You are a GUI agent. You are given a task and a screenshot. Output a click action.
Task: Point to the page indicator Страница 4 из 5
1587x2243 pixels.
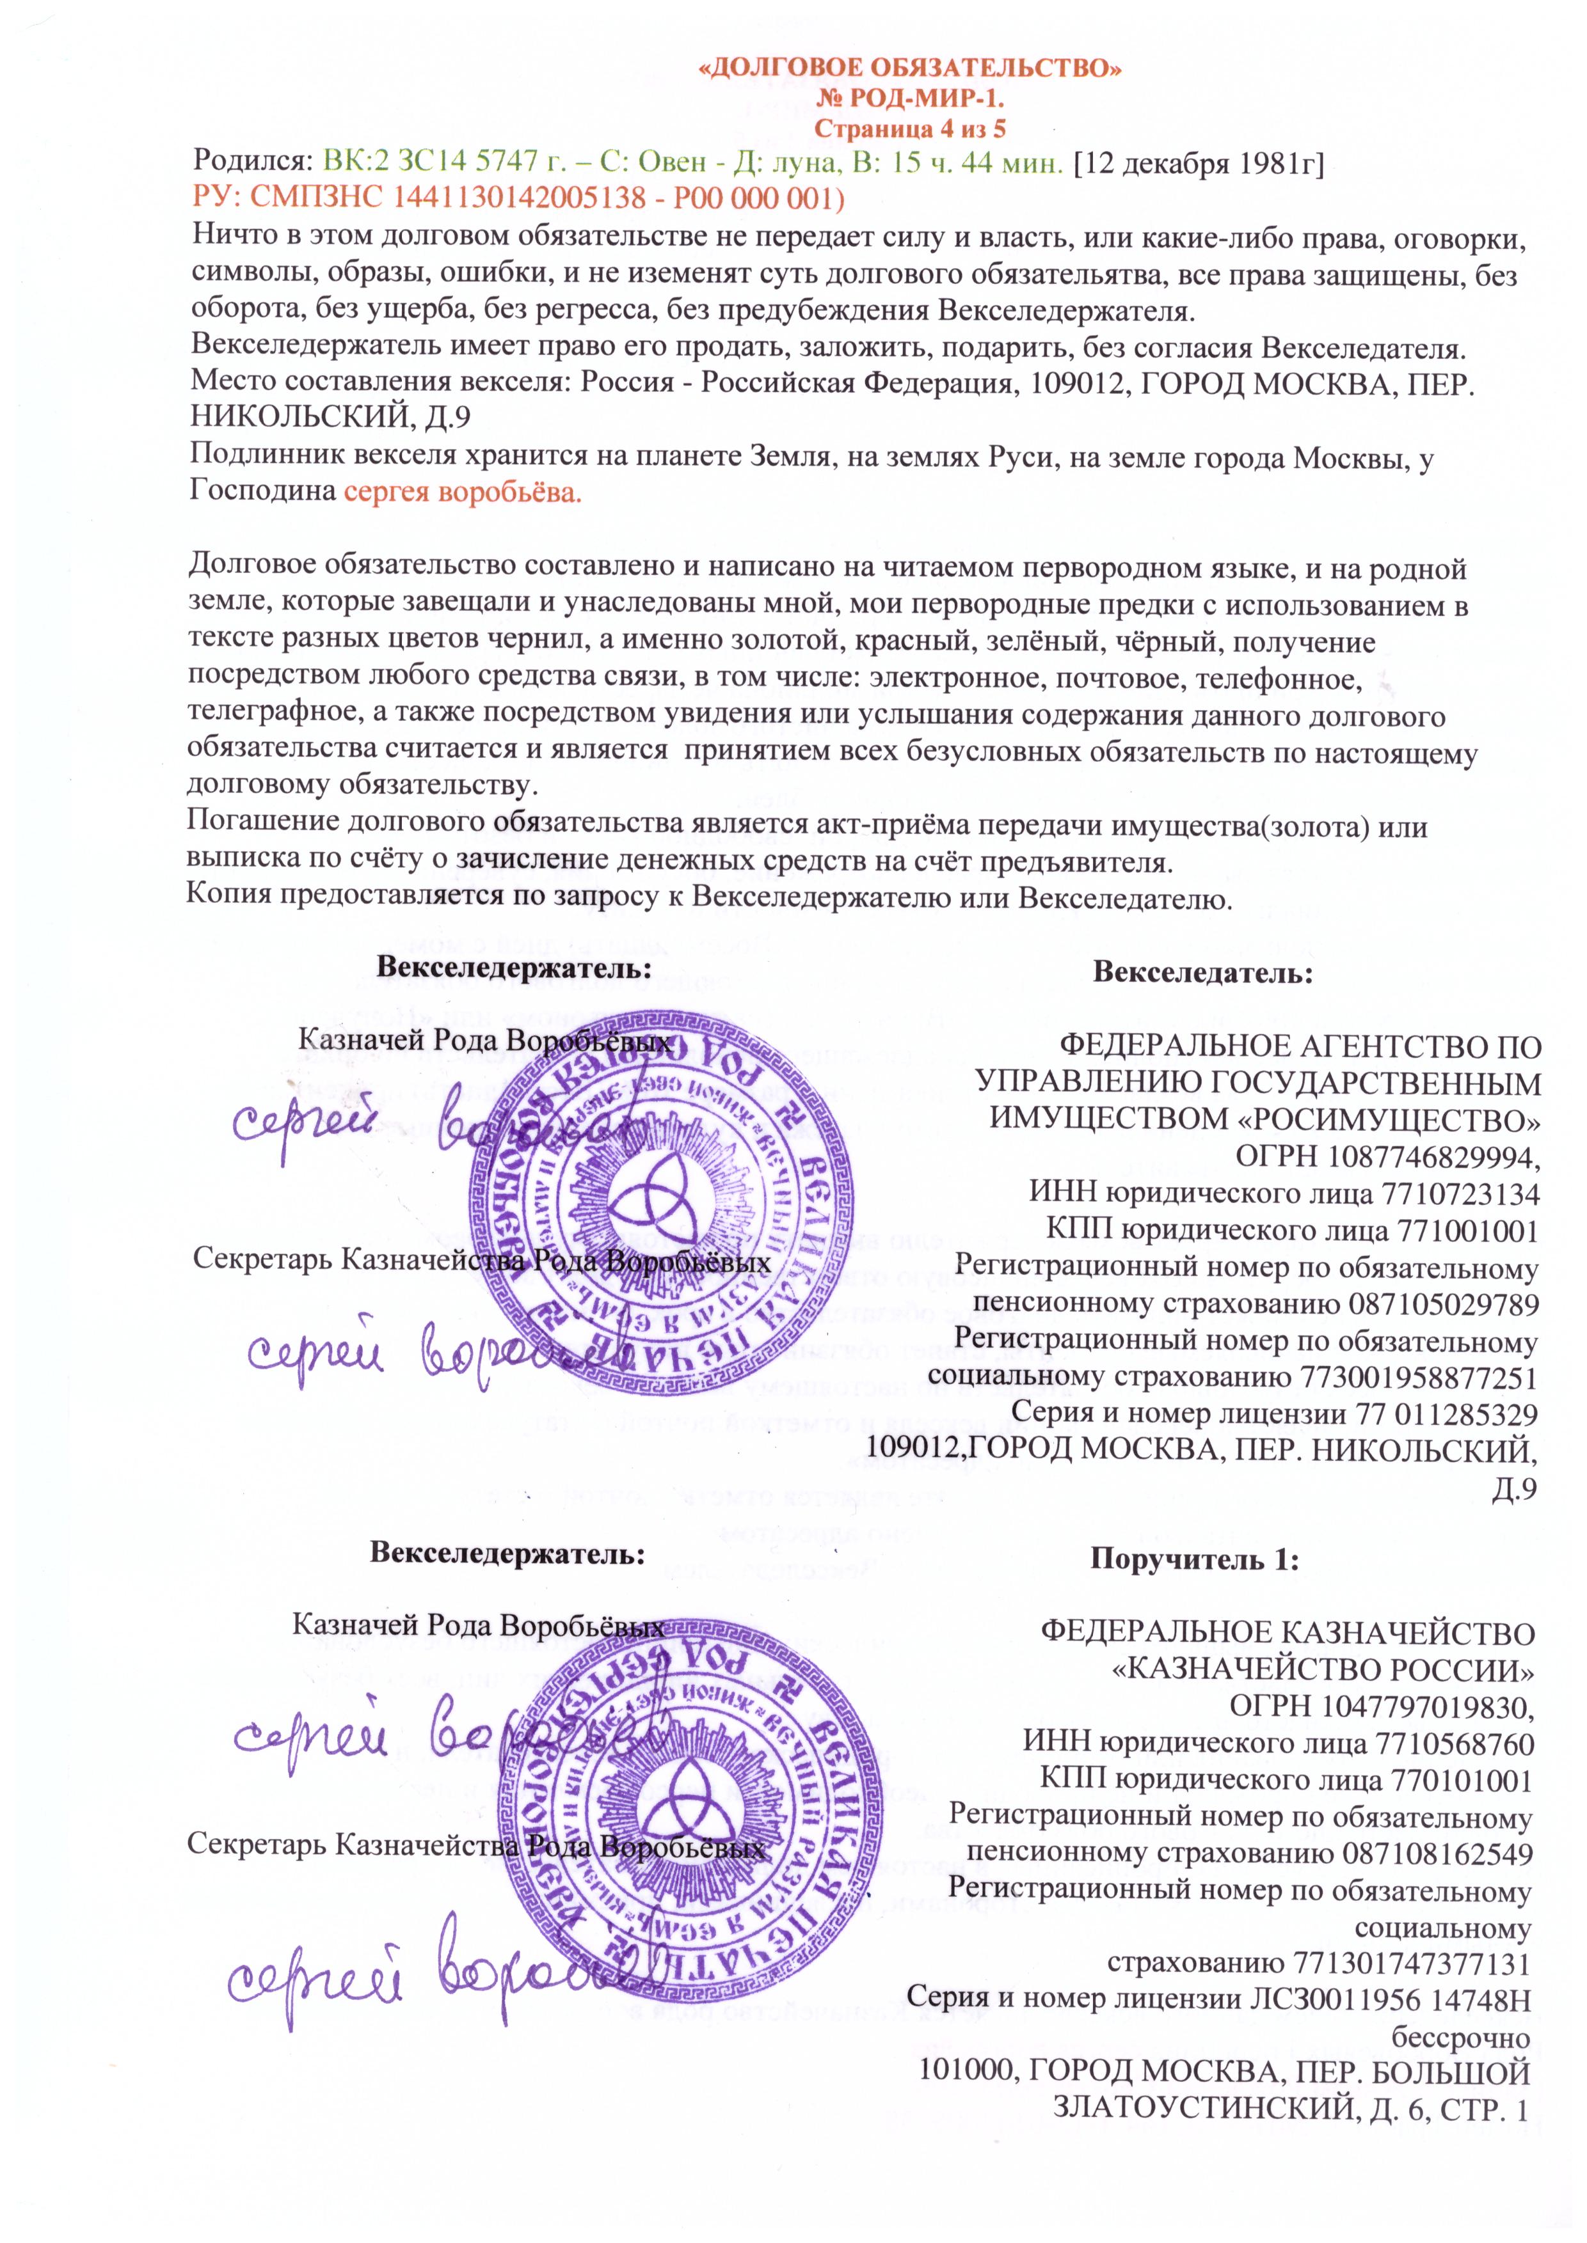(910, 128)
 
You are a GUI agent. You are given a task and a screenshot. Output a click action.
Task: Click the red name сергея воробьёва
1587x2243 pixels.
(462, 492)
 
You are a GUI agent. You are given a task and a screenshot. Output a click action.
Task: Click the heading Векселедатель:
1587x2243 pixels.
(1202, 972)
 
